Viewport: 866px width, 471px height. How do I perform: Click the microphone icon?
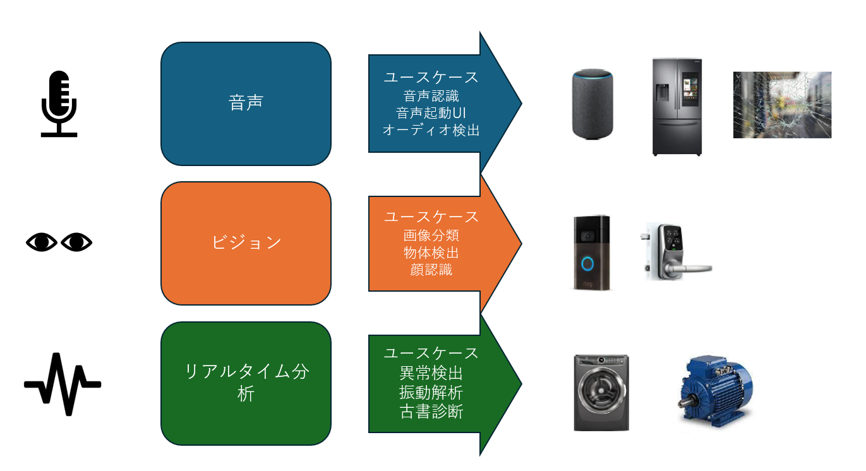pyautogui.click(x=59, y=103)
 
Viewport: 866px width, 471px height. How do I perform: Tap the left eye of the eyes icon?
pyautogui.click(x=42, y=242)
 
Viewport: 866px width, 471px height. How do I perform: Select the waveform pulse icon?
pyautogui.click(x=63, y=384)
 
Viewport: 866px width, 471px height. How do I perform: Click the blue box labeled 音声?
pyautogui.click(x=246, y=104)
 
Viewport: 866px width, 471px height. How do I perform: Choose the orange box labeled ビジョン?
pyautogui.click(x=246, y=243)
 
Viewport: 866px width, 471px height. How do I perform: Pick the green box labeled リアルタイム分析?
pyautogui.click(x=246, y=383)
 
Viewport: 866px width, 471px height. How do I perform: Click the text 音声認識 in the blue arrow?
pyautogui.click(x=431, y=96)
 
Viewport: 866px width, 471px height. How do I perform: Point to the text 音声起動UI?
pyautogui.click(x=431, y=113)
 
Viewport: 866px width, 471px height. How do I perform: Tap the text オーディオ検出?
pyautogui.click(x=431, y=131)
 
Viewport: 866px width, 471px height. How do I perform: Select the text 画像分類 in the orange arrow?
pyautogui.click(x=431, y=235)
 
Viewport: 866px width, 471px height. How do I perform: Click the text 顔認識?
pyautogui.click(x=431, y=270)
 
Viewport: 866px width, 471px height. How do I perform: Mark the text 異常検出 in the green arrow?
pyautogui.click(x=431, y=374)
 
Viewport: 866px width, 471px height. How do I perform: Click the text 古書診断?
pyautogui.click(x=431, y=412)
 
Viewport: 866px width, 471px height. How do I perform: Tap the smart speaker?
pyautogui.click(x=592, y=104)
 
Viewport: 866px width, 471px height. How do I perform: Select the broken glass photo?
pyautogui.click(x=782, y=105)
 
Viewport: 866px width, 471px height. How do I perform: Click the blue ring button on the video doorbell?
pyautogui.click(x=587, y=263)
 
